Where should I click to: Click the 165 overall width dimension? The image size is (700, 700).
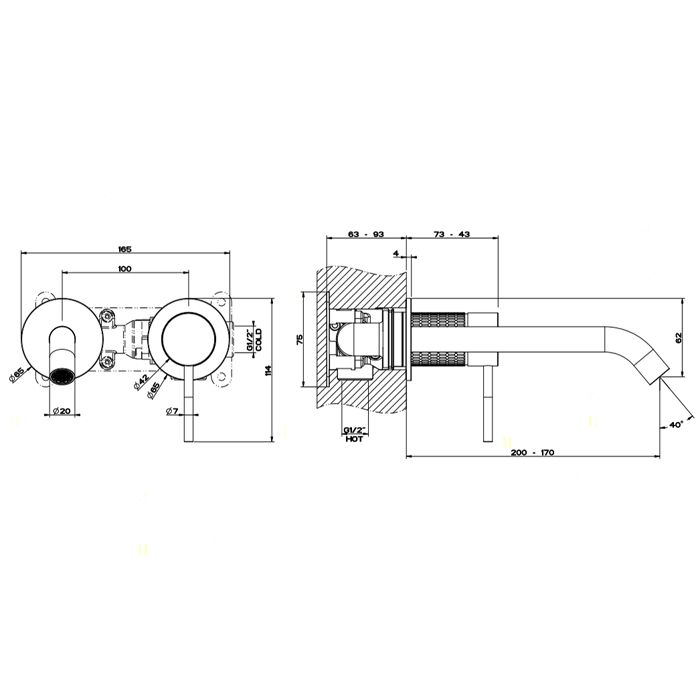click(125, 250)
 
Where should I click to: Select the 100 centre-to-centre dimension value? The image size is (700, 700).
click(125, 269)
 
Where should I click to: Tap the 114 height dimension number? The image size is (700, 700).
click(267, 371)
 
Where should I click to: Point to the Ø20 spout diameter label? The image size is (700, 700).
click(62, 411)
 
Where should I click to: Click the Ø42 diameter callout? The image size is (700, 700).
click(141, 382)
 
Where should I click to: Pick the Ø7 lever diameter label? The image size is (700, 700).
click(172, 411)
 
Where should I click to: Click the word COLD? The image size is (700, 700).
click(259, 340)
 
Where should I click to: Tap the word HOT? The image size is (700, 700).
click(355, 439)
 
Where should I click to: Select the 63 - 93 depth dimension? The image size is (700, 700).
click(366, 234)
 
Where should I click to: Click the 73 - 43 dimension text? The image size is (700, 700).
click(452, 234)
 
